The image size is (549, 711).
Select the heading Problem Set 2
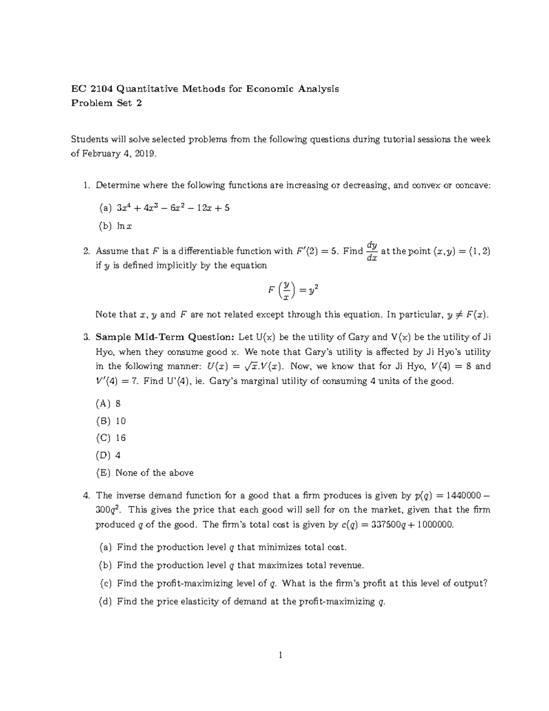pyautogui.click(x=106, y=103)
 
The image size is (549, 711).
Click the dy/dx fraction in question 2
pyautogui.click(x=371, y=251)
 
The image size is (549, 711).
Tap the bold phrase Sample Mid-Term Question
pyautogui.click(x=165, y=337)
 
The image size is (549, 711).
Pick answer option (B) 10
pyautogui.click(x=110, y=421)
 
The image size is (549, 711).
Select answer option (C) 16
pyautogui.click(x=110, y=438)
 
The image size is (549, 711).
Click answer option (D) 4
pyautogui.click(x=108, y=456)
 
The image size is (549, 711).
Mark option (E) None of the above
pyautogui.click(x=144, y=473)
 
